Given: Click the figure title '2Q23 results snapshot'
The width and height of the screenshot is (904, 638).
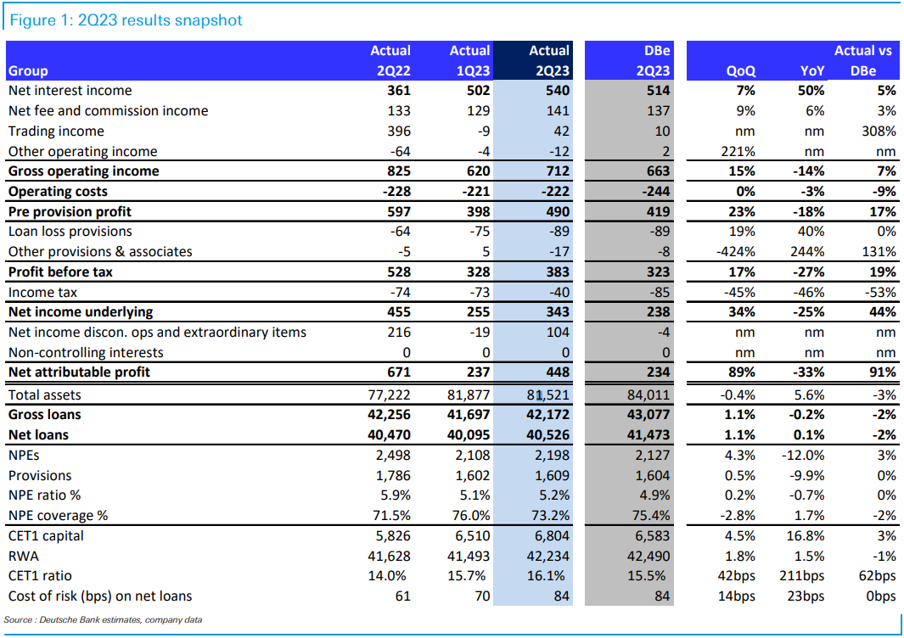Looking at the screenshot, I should click(126, 20).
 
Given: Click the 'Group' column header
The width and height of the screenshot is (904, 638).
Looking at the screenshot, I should click(28, 71).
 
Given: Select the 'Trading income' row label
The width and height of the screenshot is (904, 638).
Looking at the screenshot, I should click(56, 132).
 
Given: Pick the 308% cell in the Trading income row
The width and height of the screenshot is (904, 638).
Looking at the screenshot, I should click(878, 132).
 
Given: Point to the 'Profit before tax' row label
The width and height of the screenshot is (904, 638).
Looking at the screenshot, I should click(60, 272).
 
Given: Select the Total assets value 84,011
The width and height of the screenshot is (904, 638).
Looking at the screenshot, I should click(648, 395).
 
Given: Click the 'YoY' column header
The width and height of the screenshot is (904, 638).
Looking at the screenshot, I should click(811, 71).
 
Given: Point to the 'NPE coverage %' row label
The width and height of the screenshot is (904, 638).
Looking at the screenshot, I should click(58, 516).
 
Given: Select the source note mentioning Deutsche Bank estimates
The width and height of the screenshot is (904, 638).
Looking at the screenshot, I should click(103, 620).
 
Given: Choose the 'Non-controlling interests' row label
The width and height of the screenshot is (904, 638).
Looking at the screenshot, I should click(86, 353).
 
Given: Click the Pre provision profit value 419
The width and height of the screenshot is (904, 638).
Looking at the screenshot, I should click(655, 212).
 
